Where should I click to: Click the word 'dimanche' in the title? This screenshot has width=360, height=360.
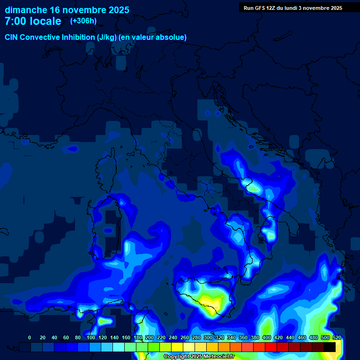point(26,10)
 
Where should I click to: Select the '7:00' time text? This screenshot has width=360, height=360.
point(15,21)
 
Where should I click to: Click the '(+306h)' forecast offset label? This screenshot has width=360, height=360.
point(83,21)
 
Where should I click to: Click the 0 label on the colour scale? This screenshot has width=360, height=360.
point(30,337)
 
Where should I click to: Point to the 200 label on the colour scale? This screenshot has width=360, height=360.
point(149,337)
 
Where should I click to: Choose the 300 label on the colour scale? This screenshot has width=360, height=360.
point(208,337)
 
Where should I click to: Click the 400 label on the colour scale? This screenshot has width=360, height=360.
point(267,337)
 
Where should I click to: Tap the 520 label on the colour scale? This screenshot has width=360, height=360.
point(337,337)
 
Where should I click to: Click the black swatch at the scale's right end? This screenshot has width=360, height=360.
point(330,347)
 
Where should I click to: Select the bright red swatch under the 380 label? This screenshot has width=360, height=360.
point(259,347)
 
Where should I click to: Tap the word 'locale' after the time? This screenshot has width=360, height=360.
point(46,21)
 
